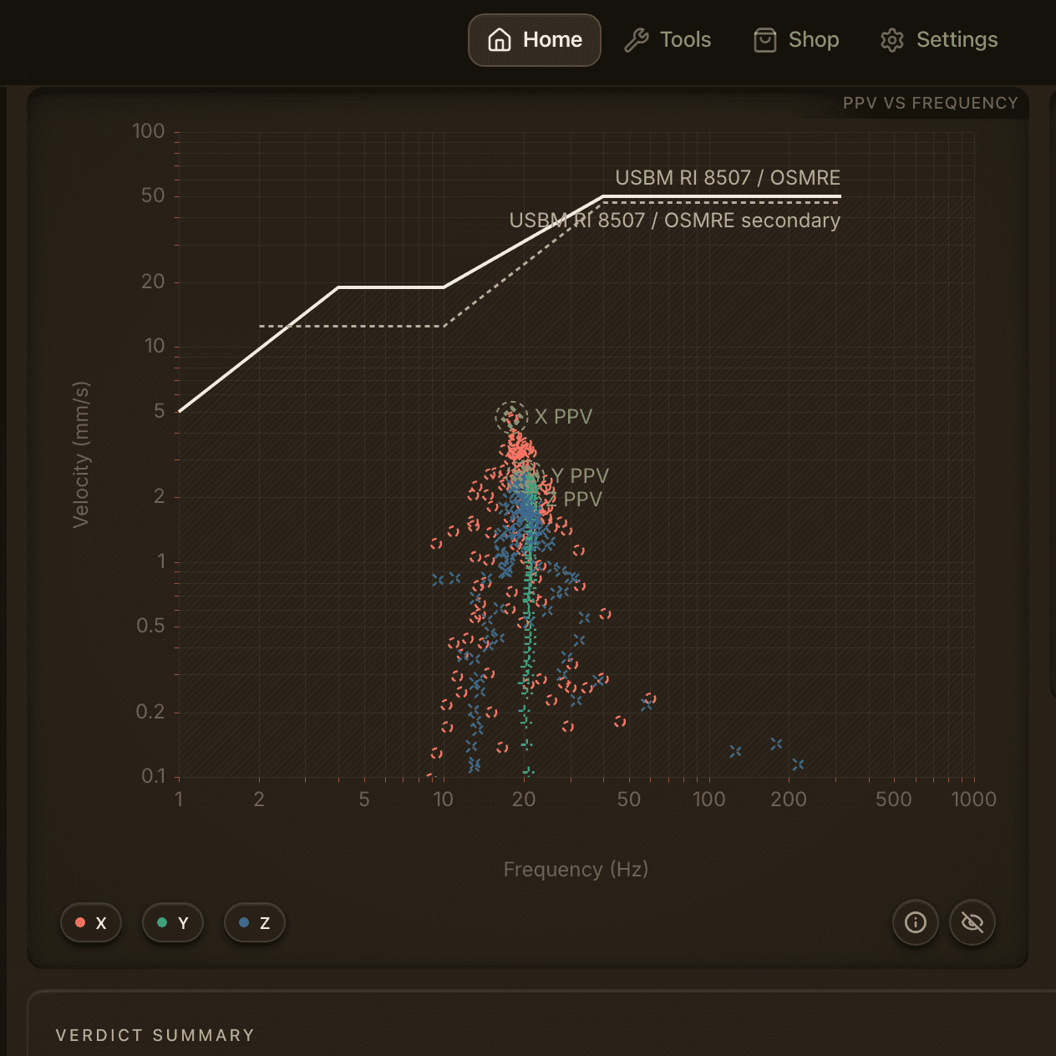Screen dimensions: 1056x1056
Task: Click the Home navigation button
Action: [535, 40]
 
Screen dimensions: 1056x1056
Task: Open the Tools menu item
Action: [668, 40]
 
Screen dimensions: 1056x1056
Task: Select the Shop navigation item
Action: [796, 40]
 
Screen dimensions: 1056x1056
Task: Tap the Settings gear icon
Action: [891, 40]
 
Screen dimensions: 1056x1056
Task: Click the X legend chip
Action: [91, 923]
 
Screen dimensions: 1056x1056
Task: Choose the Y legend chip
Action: [173, 923]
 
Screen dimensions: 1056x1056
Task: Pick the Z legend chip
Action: [254, 923]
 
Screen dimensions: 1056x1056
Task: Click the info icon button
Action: [915, 922]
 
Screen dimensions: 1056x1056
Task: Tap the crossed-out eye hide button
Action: [972, 922]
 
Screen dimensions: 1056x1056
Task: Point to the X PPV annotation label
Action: [563, 417]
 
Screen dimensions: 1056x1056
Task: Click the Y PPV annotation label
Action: [580, 475]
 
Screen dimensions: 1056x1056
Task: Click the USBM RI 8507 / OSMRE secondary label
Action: [674, 221]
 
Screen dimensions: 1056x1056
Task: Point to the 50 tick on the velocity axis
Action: [153, 195]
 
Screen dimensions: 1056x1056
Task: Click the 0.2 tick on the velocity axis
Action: [150, 712]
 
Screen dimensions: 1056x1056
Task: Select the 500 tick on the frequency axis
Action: [893, 800]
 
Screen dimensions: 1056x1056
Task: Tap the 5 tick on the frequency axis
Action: [364, 800]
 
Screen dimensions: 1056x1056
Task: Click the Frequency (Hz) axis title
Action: [576, 870]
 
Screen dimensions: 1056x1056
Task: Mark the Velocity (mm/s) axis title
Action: [80, 454]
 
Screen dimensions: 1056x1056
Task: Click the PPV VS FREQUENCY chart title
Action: [931, 103]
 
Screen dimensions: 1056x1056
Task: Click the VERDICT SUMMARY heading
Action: [155, 1035]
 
